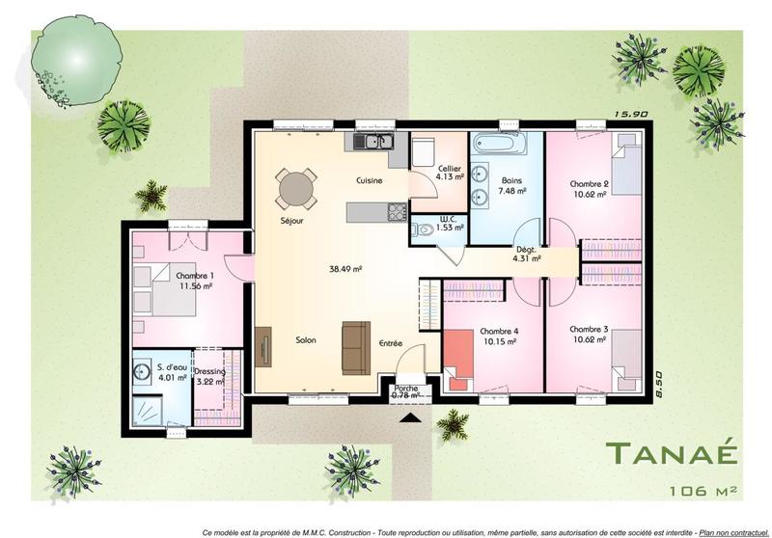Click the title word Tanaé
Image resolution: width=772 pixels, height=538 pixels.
[x=671, y=453]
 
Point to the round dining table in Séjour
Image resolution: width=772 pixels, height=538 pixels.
[x=295, y=188]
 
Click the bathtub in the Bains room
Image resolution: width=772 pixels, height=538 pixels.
[x=500, y=146]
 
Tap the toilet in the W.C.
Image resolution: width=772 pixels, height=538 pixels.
[x=423, y=229]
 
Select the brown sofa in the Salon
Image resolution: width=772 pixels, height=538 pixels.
[x=355, y=337]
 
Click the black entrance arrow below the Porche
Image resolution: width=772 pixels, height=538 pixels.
[x=409, y=417]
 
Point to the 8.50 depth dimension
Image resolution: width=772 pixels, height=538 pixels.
[x=659, y=384]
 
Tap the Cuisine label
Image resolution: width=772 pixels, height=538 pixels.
[x=369, y=180]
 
